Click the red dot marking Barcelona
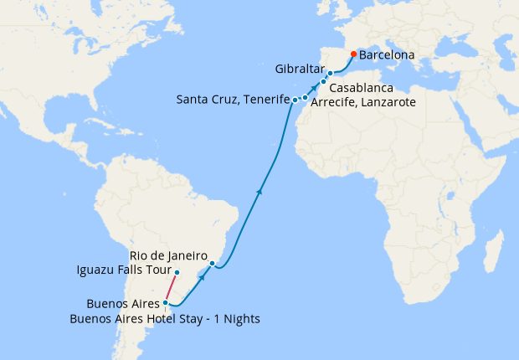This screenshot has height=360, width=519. tap(353, 54)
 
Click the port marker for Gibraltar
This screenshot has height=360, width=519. tap(331, 74)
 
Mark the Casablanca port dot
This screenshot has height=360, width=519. tap(323, 82)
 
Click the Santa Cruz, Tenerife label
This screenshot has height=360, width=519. tap(233, 100)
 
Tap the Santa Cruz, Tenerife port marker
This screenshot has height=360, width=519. tap(295, 100)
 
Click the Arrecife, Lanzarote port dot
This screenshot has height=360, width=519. tap(306, 98)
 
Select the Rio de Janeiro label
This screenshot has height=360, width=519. tap(167, 255)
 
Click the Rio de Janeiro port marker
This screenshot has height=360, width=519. tap(213, 264)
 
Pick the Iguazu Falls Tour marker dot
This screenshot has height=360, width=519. tap(177, 272)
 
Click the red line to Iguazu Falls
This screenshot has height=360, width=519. tap(172, 287)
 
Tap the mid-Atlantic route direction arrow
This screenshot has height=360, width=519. tap(259, 192)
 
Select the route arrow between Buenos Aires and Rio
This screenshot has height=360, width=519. tap(202, 277)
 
